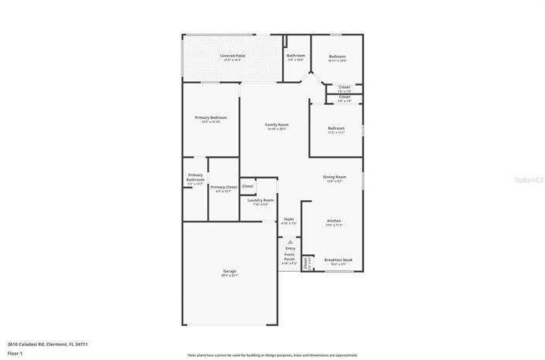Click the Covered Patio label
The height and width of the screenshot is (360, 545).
tap(233, 56)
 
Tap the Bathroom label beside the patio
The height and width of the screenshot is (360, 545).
tap(296, 56)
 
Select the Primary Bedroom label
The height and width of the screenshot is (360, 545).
tap(211, 117)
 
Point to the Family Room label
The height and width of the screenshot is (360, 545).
tap(277, 124)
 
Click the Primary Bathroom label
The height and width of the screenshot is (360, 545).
tap(196, 177)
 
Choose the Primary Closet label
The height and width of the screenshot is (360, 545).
tap(223, 187)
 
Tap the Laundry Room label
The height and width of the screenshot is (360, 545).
tap(261, 200)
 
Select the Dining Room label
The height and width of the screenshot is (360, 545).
tap(334, 177)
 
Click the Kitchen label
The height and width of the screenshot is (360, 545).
tap(333, 220)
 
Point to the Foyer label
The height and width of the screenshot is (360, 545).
tap(289, 219)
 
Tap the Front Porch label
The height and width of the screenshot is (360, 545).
tap(289, 256)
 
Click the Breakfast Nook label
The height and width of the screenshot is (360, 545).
tap(338, 260)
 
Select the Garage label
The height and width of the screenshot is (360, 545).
tap(230, 271)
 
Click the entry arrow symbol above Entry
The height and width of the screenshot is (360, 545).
tap(290, 240)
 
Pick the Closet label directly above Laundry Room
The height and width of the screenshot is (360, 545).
tap(247, 186)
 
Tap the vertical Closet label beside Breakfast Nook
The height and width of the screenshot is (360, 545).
tap(306, 263)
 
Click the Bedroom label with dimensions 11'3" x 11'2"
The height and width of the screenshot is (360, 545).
tap(336, 128)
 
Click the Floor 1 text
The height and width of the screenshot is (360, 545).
tap(15, 352)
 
